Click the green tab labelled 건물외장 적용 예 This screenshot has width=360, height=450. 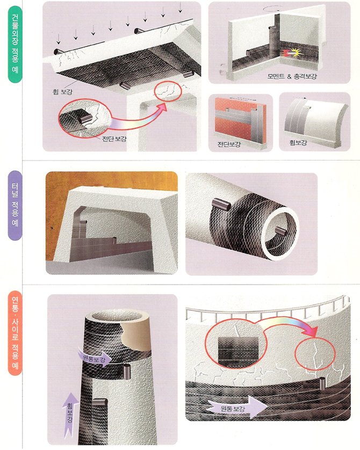point(15,44)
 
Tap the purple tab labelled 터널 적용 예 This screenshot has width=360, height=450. point(15,206)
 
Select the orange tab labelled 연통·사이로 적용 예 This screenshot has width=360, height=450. point(15,333)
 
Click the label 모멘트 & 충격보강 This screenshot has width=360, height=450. point(292,76)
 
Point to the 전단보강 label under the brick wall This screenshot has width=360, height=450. point(229,144)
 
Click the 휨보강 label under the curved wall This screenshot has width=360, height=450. point(298,142)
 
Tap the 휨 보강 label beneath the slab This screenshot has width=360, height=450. point(62,91)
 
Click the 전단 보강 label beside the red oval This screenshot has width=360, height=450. point(114,139)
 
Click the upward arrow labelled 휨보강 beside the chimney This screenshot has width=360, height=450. point(70,416)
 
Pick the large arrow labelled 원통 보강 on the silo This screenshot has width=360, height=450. point(237,408)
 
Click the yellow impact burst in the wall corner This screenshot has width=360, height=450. point(297,53)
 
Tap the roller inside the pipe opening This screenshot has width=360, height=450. point(279,230)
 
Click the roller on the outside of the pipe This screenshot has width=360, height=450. point(221,204)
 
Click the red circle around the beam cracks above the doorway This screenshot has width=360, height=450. point(168,92)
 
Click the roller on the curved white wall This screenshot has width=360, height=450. point(307,107)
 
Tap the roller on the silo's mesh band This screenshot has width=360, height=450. point(323,383)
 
